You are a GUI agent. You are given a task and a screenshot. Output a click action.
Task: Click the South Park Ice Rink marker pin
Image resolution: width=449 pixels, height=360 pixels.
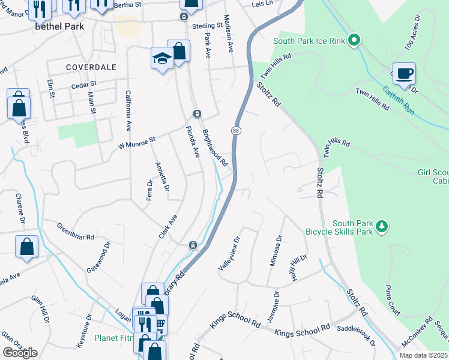(354, 41)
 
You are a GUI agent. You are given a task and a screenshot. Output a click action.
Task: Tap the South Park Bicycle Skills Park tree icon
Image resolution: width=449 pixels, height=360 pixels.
(381, 226)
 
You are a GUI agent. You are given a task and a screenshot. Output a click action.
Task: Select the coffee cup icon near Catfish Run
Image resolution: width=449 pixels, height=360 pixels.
(404, 73)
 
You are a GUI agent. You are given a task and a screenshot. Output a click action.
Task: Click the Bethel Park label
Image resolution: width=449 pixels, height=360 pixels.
(59, 27)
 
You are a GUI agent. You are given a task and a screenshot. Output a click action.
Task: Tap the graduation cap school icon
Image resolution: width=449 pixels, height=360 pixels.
(161, 58)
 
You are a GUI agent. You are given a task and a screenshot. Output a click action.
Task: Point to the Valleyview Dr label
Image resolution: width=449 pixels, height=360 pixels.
(229, 253)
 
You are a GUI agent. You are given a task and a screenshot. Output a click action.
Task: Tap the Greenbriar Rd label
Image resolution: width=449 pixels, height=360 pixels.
(76, 232)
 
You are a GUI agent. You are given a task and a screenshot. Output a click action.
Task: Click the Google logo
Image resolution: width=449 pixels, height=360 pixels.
(20, 353)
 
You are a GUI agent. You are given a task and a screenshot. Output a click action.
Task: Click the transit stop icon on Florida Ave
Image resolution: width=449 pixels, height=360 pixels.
(196, 114)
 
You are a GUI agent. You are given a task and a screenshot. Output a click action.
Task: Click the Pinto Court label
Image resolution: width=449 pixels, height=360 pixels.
(393, 300)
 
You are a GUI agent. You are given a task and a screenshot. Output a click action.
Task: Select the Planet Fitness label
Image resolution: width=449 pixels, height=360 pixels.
(114, 338)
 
